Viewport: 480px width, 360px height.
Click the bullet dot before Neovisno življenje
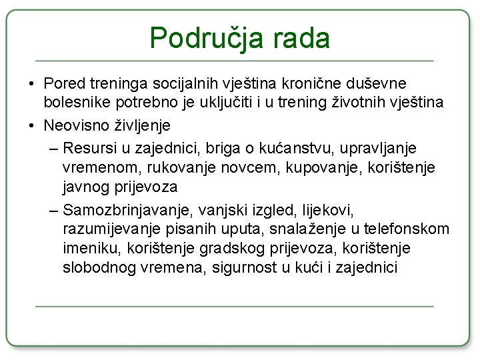click(x=32, y=125)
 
